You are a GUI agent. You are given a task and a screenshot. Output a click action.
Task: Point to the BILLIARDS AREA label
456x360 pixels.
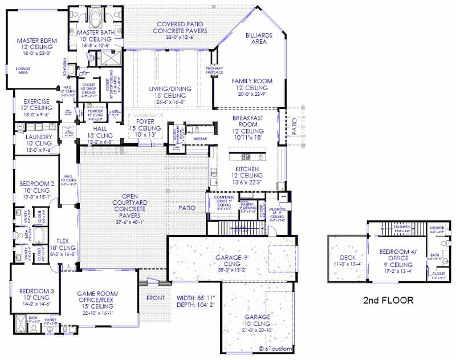point(259,38)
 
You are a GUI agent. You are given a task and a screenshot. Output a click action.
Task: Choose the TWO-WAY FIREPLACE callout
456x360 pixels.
point(214,71)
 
